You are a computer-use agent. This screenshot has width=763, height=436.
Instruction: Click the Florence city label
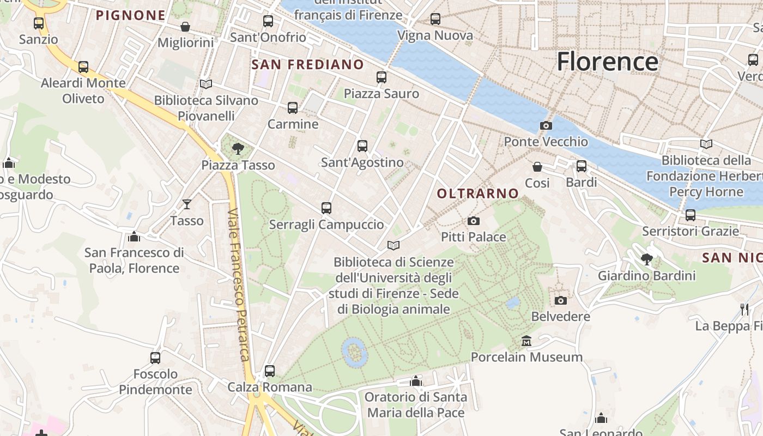[x=607, y=62]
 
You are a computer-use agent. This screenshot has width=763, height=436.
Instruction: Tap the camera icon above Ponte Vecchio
[x=546, y=126]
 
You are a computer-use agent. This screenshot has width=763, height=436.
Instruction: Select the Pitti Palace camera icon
[x=474, y=221]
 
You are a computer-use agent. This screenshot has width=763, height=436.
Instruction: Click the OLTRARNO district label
[x=477, y=193]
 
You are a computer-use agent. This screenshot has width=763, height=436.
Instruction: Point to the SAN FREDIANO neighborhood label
[x=307, y=65]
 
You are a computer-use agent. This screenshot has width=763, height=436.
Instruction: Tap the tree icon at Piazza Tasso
[x=238, y=148]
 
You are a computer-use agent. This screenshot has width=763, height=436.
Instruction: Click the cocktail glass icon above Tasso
[x=187, y=204]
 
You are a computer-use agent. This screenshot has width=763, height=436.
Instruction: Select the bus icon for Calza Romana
[x=269, y=371]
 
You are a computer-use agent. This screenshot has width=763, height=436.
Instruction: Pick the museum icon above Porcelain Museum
[x=526, y=341]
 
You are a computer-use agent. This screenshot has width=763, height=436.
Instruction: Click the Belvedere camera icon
[x=560, y=300]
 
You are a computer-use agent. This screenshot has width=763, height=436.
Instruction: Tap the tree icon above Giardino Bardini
[x=647, y=259]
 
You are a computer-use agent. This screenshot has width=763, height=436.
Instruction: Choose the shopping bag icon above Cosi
[x=537, y=166]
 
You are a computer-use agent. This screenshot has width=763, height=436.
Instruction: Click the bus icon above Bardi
[x=582, y=166]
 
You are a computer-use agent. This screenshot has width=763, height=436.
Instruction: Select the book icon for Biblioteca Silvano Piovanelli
[x=206, y=84]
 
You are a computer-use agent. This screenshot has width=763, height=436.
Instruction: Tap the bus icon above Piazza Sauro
[x=381, y=77]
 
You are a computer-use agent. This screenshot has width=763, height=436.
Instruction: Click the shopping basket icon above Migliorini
[x=185, y=27]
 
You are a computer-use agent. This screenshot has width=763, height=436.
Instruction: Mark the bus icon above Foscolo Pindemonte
[x=155, y=358]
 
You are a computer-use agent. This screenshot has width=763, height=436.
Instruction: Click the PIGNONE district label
[x=130, y=16]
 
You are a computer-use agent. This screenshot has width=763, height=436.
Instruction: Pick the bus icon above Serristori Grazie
[x=691, y=215]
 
